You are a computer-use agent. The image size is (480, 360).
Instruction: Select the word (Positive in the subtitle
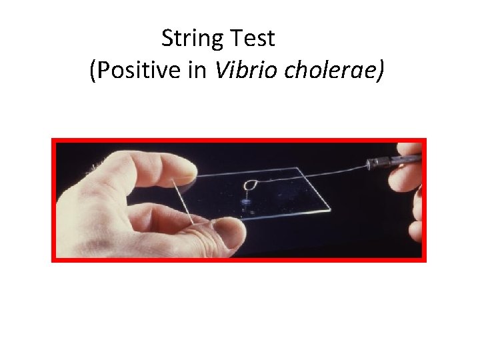[x=134, y=71]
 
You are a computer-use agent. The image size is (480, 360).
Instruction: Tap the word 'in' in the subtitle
[x=197, y=70]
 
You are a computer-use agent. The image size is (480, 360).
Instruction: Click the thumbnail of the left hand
[x=227, y=231]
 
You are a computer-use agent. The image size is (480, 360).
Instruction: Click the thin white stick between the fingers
[x=185, y=201]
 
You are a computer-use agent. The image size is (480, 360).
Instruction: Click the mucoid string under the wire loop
[x=249, y=194]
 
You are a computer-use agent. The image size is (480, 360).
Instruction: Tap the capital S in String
[x=167, y=39]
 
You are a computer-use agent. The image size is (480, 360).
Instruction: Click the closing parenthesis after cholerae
[x=380, y=71]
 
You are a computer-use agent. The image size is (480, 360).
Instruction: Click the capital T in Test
[x=239, y=39]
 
